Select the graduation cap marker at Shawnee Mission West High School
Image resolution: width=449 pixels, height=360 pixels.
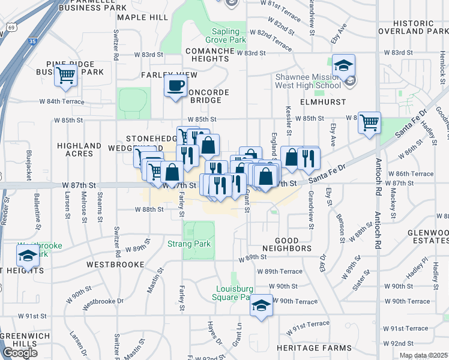coord(344,65)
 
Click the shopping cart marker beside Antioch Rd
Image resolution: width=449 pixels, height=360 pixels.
coord(369,122)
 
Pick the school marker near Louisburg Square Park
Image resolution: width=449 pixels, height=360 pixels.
coord(261,305)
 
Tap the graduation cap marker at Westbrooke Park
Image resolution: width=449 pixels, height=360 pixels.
coord(27,257)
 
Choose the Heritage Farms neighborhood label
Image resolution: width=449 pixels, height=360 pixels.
coord(314,348)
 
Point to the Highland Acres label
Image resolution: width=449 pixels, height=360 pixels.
coord(79,150)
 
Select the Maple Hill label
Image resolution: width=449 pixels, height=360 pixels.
coord(143,18)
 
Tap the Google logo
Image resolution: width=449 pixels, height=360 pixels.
coord(19,353)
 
